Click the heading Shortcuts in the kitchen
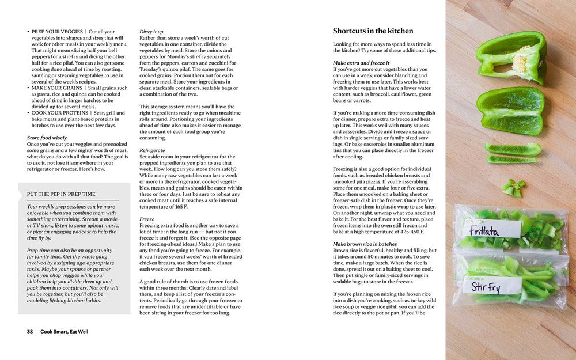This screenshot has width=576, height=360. pyautogui.click(x=373, y=31)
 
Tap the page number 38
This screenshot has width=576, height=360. pyautogui.click(x=30, y=331)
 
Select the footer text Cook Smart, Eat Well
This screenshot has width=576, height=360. pyautogui.click(x=64, y=331)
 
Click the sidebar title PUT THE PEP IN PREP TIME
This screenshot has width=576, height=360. pyautogui.click(x=60, y=194)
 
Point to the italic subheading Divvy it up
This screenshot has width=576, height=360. pyautogui.click(x=151, y=31)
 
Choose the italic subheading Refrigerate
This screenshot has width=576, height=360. pyautogui.click(x=152, y=150)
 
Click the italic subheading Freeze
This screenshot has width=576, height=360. pyautogui.click(x=147, y=219)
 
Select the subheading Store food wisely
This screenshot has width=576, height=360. pyautogui.click(x=47, y=138)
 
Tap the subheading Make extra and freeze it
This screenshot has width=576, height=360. pyautogui.click(x=361, y=63)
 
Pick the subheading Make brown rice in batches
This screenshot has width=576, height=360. pyautogui.click(x=365, y=244)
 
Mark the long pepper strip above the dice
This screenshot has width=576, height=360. pyautogui.click(x=513, y=149)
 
